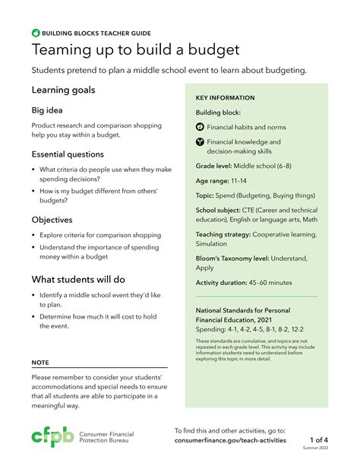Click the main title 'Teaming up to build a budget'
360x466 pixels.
[135, 50]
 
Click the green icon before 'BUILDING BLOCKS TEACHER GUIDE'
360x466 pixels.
[36, 33]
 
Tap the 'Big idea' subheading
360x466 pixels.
[52, 111]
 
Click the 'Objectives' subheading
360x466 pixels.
[57, 219]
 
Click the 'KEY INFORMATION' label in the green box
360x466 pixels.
[225, 98]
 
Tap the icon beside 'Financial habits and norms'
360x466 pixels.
[201, 126]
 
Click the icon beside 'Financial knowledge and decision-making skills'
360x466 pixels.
[201, 141]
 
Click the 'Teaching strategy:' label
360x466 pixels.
[223, 235]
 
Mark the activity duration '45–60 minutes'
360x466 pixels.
[266, 283]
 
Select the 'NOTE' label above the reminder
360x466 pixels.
[40, 363]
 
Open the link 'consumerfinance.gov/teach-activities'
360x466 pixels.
[230, 440]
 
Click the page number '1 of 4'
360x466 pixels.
[319, 439]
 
